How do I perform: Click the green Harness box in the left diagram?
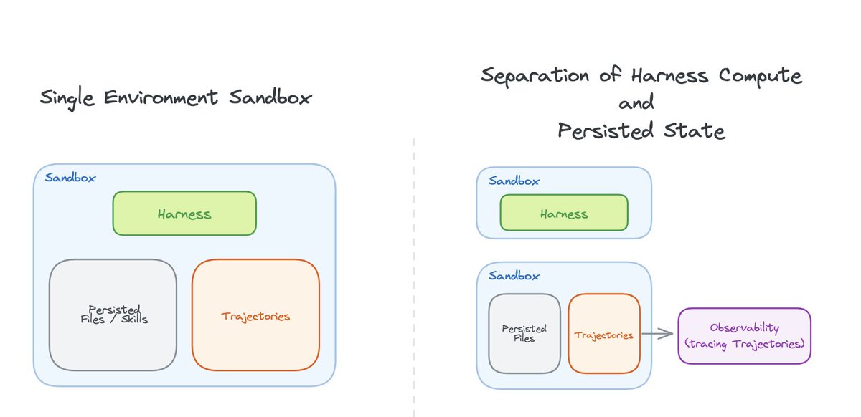pyautogui.click(x=184, y=214)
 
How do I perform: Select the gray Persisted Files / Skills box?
pyautogui.click(x=113, y=315)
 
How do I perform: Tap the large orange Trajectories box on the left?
pyautogui.click(x=255, y=315)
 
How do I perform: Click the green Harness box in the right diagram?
pyautogui.click(x=563, y=213)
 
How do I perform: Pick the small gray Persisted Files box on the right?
pyautogui.click(x=524, y=333)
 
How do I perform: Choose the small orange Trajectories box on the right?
pyautogui.click(x=603, y=334)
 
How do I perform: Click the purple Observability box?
pyautogui.click(x=744, y=335)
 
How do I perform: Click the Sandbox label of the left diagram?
pyautogui.click(x=70, y=178)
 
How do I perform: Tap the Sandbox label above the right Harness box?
pyautogui.click(x=514, y=181)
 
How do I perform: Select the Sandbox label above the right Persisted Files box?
pyautogui.click(x=514, y=275)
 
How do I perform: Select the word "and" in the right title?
pyautogui.click(x=636, y=104)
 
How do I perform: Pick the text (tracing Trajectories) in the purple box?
pyautogui.click(x=744, y=343)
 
